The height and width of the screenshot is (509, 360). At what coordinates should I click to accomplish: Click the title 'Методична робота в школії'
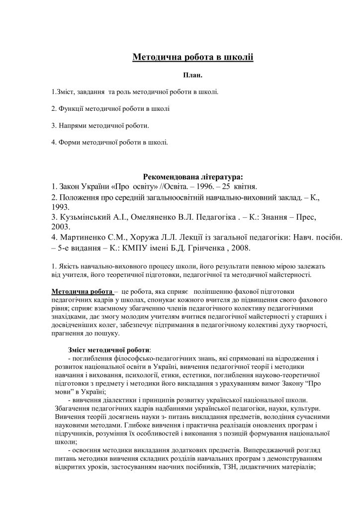point(193,57)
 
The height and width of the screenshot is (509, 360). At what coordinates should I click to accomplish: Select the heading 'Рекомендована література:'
point(193,176)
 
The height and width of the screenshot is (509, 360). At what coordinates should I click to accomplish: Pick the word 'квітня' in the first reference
point(243,186)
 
